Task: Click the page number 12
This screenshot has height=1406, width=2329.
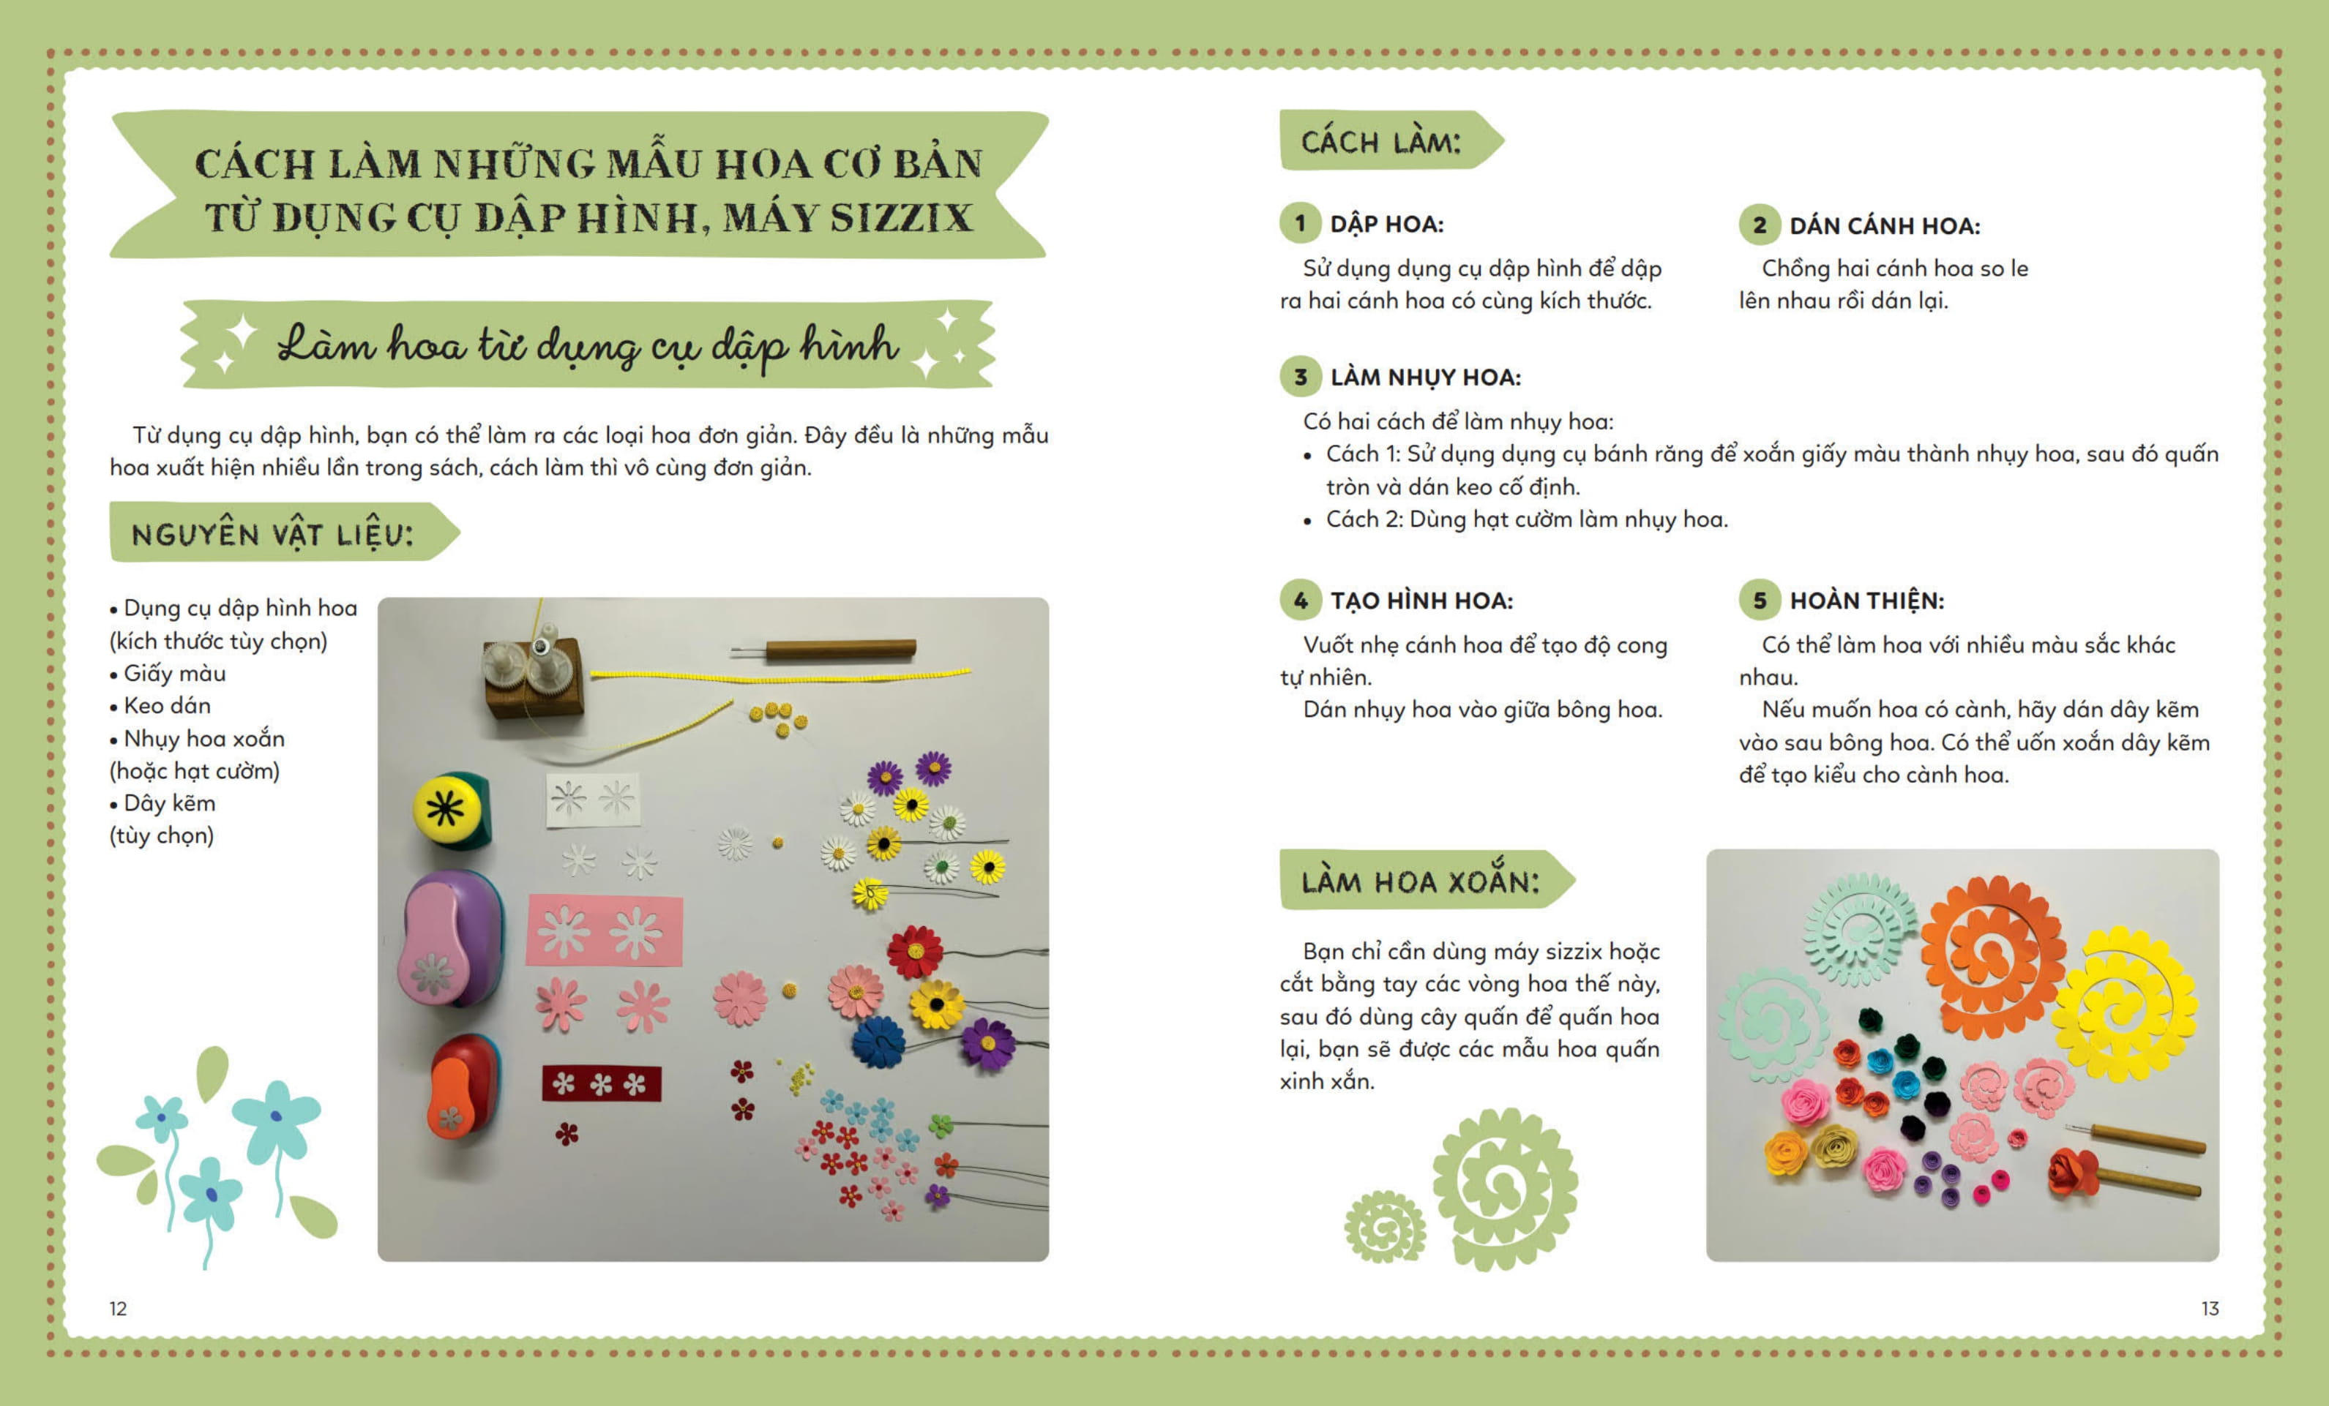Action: click(x=118, y=1309)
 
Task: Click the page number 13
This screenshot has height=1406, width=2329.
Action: click(x=2210, y=1309)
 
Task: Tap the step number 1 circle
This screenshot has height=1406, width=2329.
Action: click(x=1301, y=224)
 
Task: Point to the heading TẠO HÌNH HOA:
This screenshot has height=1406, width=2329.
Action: click(x=1421, y=601)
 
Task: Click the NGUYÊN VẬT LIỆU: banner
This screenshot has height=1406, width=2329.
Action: click(x=283, y=533)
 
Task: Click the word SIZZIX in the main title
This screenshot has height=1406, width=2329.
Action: click(x=901, y=218)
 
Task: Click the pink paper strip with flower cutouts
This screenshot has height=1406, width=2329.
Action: click(x=604, y=931)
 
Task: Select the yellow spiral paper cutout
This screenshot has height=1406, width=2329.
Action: click(x=2128, y=1004)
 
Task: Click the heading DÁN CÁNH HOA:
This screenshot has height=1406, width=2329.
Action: click(x=1885, y=226)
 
